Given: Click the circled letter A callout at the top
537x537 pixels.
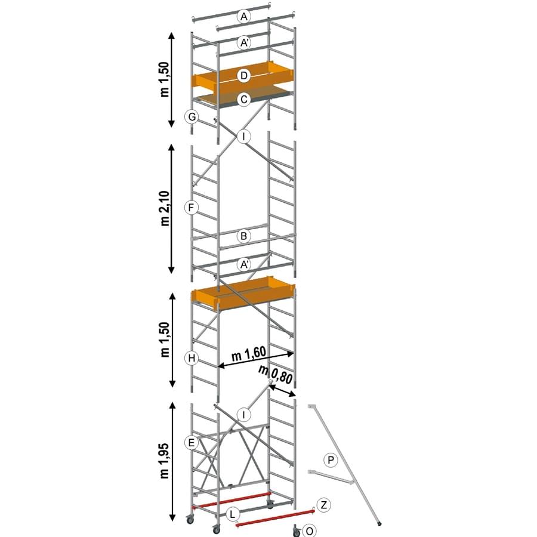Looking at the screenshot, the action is coord(244,16).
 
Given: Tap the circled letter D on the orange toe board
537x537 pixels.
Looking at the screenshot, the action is coord(244,75).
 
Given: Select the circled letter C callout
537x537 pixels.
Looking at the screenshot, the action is coord(244,99).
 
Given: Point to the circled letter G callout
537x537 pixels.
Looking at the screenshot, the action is coord(192,117).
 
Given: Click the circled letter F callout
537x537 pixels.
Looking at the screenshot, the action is coord(191,208).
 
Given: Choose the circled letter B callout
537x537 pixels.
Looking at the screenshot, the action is coord(244,236).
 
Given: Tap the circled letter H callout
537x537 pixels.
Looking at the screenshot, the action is coord(192,359).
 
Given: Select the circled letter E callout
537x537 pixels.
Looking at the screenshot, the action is coord(191,443).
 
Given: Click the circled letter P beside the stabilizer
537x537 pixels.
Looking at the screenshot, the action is coord(331,460).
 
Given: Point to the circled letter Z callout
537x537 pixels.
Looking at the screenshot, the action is coord(323,505).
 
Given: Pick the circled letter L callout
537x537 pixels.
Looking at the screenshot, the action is coord(233,514).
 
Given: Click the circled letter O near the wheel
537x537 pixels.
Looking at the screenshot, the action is coord(309,531).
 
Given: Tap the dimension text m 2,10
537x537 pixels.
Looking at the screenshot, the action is coord(165,208).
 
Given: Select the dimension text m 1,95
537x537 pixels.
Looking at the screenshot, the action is coord(165,461).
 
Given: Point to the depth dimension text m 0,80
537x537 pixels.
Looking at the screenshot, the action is coord(276,375).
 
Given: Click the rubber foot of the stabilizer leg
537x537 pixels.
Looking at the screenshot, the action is coord(379,524).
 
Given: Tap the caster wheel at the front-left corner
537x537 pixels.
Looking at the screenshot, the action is coord(189,520).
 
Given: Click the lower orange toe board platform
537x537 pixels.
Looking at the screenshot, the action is coord(243,294).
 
